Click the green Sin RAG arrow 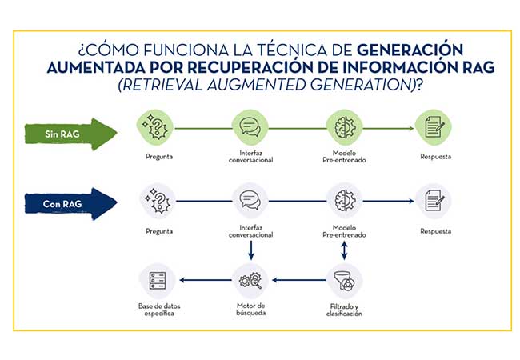click(70, 134)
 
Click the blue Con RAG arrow click(70, 204)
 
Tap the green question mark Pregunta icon click(155, 128)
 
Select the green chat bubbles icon click(250, 128)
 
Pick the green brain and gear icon click(345, 128)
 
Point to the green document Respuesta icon click(434, 128)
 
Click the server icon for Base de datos click(158, 281)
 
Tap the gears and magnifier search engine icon click(250, 281)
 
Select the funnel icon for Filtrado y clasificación click(344, 281)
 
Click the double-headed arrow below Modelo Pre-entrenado click(344, 250)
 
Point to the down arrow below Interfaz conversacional click(251, 250)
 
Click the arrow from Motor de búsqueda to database click(206, 280)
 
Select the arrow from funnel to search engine click(299, 280)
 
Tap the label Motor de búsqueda click(250, 310)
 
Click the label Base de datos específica click(159, 310)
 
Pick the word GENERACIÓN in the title click(410, 50)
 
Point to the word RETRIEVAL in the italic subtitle click(160, 85)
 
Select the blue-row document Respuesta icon click(434, 201)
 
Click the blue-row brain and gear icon click(345, 201)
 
